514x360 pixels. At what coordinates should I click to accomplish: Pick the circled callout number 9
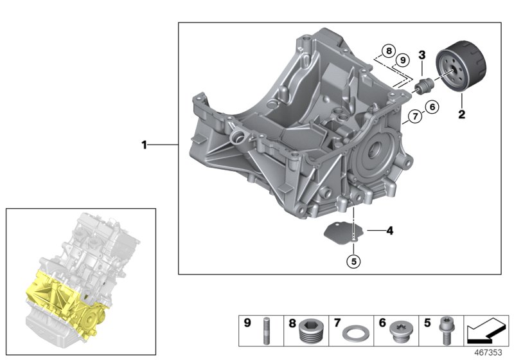pos(402,60)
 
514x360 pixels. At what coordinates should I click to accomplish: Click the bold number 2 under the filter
pos(461,116)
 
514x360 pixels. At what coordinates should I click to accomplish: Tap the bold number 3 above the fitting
pos(422,54)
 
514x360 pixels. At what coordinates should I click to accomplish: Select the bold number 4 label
pos(389,229)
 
